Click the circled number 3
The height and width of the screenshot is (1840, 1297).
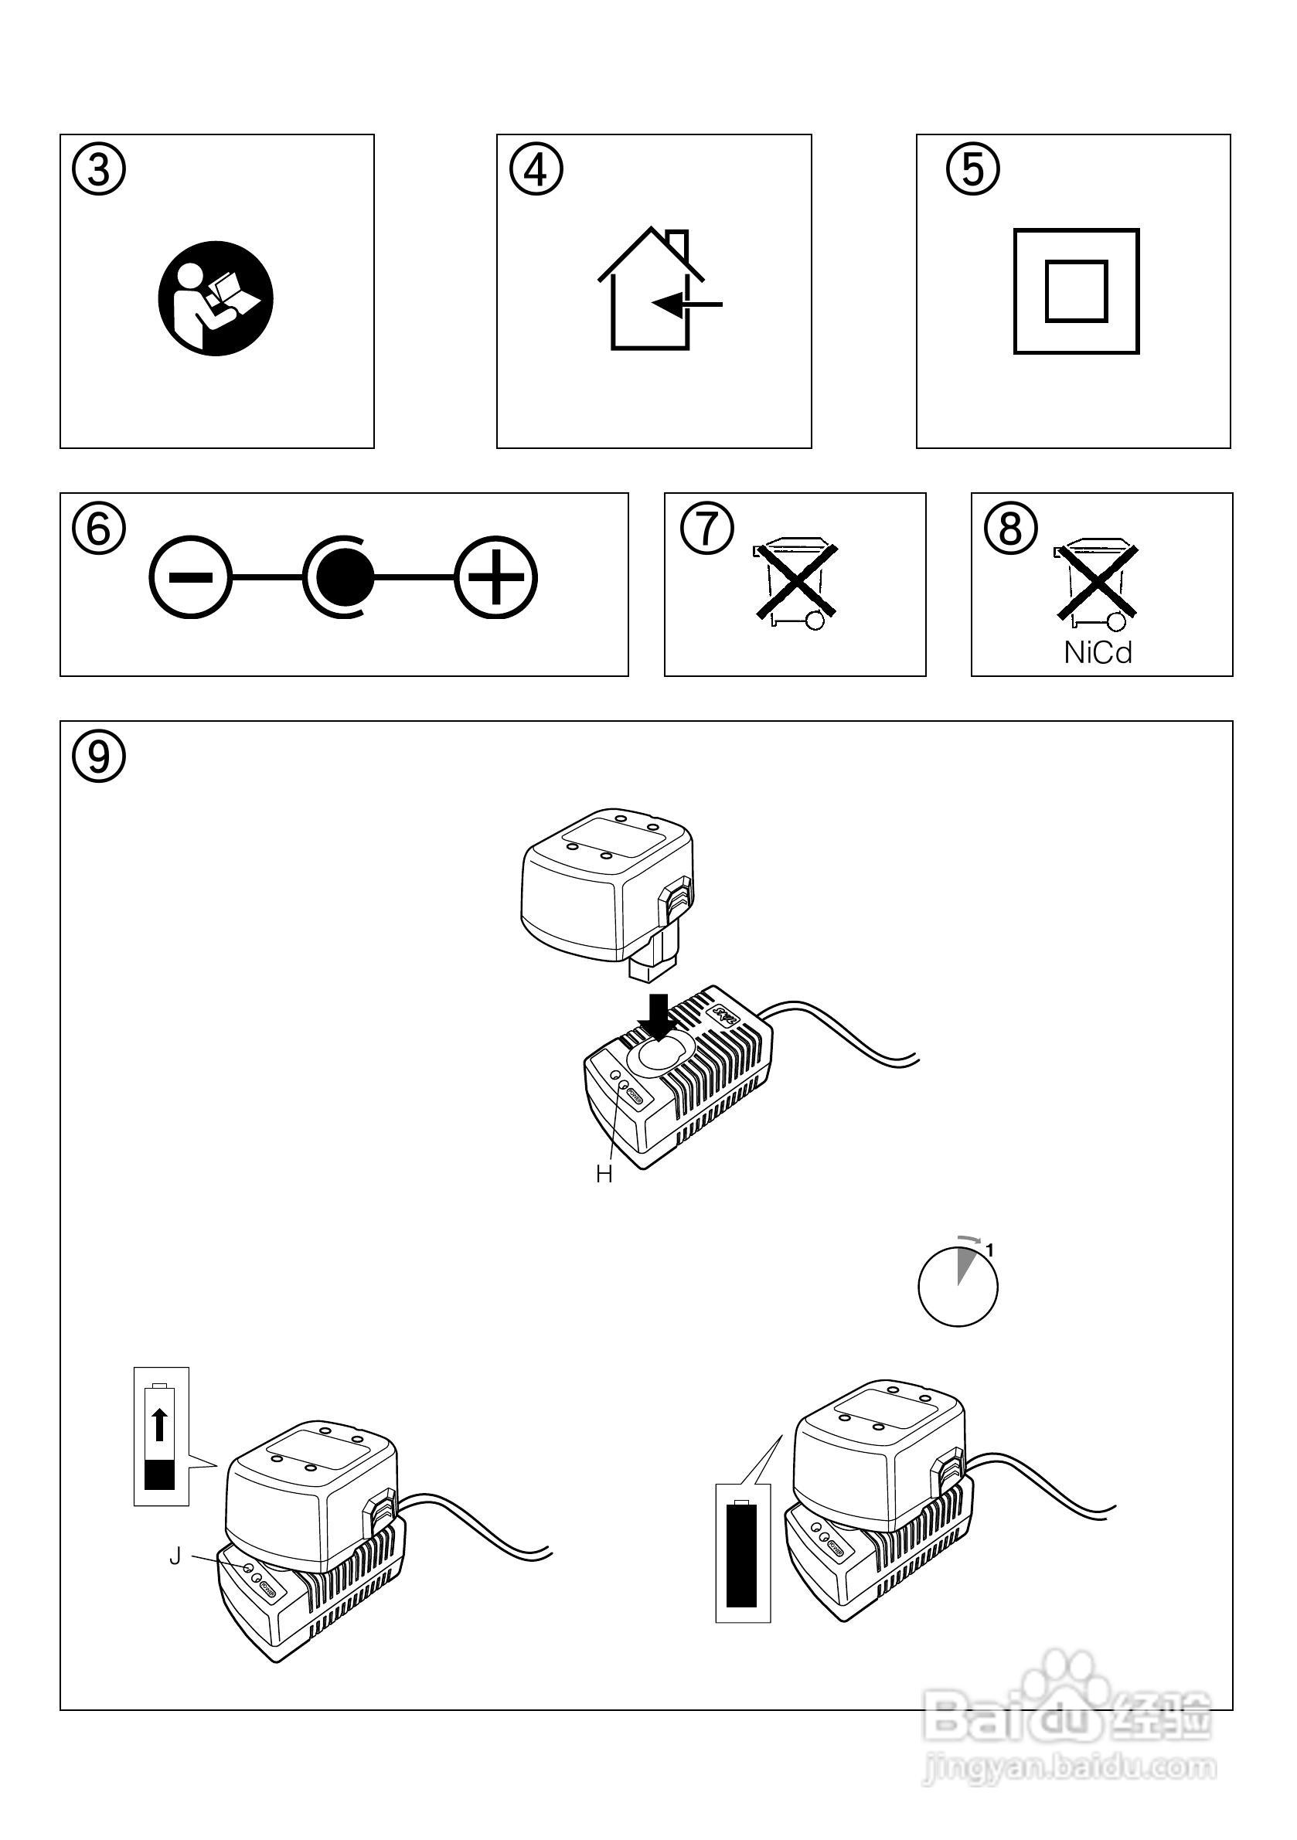click(99, 171)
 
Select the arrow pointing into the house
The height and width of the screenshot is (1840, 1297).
click(688, 304)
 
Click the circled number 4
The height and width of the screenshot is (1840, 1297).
click(536, 171)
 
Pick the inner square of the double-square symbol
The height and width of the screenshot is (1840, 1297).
click(1076, 291)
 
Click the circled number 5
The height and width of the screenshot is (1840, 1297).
click(973, 171)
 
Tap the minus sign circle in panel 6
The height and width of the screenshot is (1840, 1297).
click(190, 577)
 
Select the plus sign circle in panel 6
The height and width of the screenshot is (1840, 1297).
click(495, 577)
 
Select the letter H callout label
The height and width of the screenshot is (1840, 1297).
click(604, 1175)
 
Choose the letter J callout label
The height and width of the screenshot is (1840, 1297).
click(175, 1556)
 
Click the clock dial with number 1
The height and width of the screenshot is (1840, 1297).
click(958, 1289)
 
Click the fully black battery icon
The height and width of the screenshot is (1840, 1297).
click(741, 1556)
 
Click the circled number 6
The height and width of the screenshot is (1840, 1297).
click(99, 529)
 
